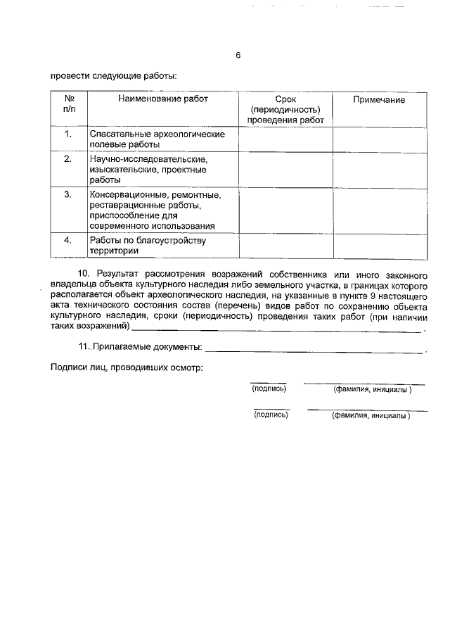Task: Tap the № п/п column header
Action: [69, 105]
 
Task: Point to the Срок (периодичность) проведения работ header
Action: [285, 110]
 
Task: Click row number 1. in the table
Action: [68, 134]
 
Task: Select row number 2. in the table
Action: [68, 159]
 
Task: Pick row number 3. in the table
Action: [68, 194]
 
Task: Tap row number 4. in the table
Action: [68, 240]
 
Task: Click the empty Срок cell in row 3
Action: [285, 210]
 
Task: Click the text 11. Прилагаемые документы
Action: [140, 347]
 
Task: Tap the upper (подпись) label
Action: [269, 389]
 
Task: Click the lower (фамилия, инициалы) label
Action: [371, 415]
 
